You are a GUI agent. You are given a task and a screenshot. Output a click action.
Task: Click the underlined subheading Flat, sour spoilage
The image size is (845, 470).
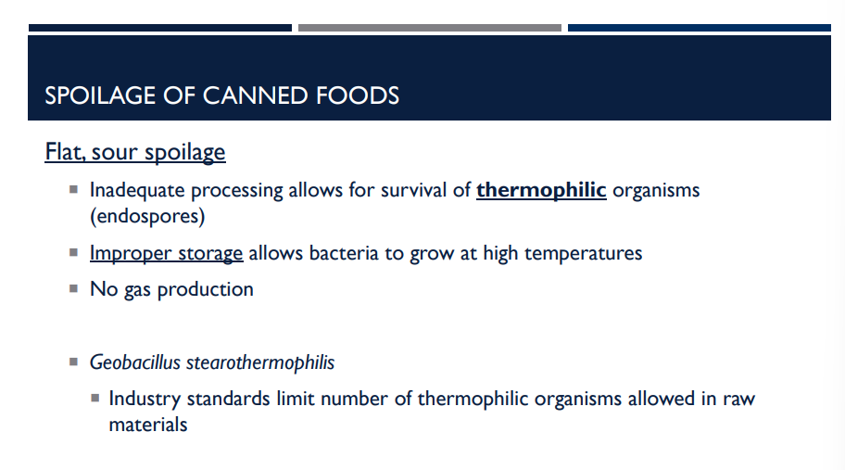click(x=135, y=151)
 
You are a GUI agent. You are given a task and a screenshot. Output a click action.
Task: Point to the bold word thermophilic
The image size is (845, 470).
click(x=541, y=190)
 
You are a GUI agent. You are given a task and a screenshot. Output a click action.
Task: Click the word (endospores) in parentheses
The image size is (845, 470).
click(x=147, y=217)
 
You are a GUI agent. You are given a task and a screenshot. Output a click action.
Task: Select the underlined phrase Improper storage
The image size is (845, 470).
click(x=166, y=253)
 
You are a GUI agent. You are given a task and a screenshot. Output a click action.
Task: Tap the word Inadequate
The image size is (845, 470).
click(x=140, y=190)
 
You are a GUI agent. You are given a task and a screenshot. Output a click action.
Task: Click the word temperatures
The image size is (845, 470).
click(x=583, y=253)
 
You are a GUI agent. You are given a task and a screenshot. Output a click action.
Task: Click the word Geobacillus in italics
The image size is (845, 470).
click(x=135, y=362)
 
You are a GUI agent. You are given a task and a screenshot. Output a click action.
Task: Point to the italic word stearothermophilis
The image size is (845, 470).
click(x=260, y=362)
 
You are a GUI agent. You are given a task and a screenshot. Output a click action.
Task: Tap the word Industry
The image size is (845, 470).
click(x=144, y=399)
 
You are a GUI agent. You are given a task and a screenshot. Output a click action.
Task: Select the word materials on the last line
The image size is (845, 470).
click(x=148, y=425)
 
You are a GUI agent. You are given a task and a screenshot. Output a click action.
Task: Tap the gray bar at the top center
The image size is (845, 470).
click(x=429, y=28)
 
